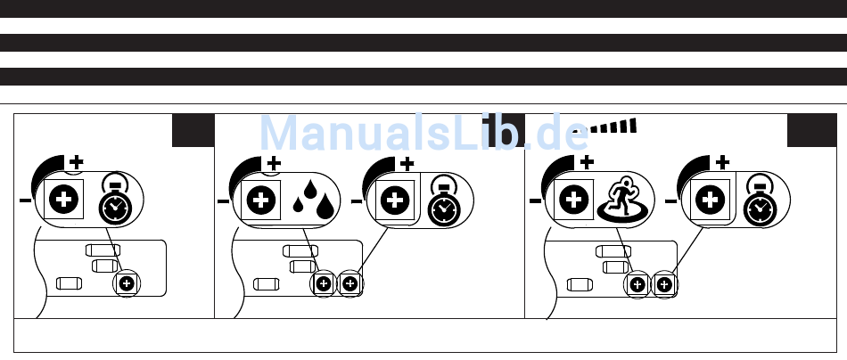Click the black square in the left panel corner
click(x=193, y=130)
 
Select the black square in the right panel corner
click(x=810, y=130)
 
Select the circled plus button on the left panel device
click(x=127, y=283)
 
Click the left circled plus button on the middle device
click(x=324, y=284)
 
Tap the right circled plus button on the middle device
click(x=349, y=284)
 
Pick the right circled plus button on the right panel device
click(x=664, y=284)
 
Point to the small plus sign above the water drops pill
click(x=274, y=163)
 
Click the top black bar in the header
click(x=423, y=9)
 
